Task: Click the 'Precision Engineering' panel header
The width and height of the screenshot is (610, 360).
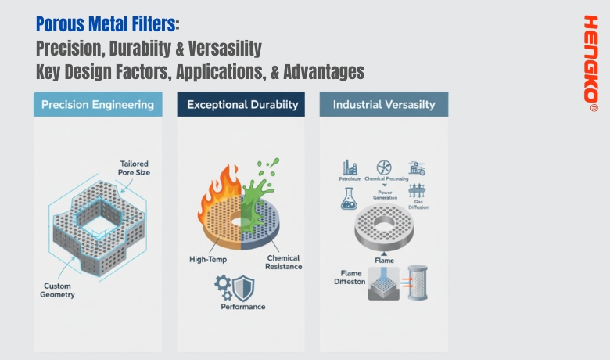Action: [x=98, y=104]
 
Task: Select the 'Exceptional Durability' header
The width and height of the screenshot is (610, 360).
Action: [x=240, y=104]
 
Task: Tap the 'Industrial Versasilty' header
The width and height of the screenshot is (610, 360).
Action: [x=383, y=104]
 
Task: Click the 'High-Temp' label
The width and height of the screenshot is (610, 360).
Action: [x=206, y=259]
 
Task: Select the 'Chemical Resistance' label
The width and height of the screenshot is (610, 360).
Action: [x=283, y=263]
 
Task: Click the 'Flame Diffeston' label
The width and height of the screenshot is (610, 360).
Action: [x=345, y=277]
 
